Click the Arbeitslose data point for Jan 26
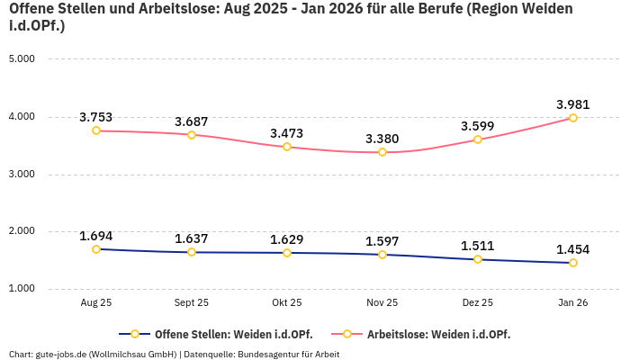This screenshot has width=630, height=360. coord(573,118)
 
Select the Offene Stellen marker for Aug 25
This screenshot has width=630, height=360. coord(96,249)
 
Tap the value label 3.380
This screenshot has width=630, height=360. coord(382,139)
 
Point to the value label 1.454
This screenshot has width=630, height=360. coord(573,249)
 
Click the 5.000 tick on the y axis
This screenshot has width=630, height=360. coord(21,59)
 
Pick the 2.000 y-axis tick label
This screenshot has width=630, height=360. coord(21,231)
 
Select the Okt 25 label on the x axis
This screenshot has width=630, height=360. coord(287,303)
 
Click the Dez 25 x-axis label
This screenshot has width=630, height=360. coord(478,303)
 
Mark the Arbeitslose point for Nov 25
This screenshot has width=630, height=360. coord(382,152)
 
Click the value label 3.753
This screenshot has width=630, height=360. coord(96,117)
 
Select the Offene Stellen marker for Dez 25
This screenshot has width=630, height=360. coord(478,259)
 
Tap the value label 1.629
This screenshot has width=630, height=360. coord(287,239)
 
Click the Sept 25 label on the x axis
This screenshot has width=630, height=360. coord(192,303)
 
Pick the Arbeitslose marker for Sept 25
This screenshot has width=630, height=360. coord(192,135)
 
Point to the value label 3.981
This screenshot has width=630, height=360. coord(573,104)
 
